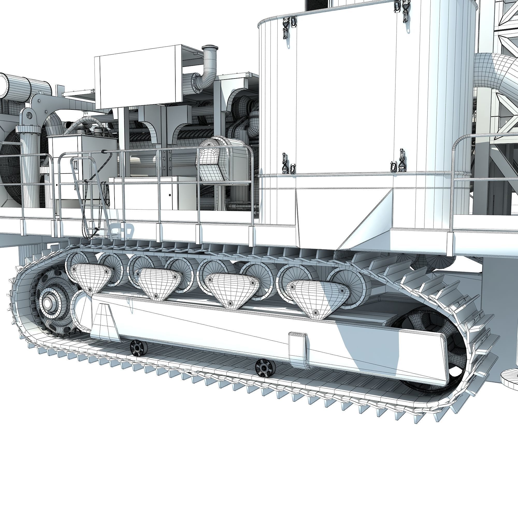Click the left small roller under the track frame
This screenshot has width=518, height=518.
[x=139, y=348]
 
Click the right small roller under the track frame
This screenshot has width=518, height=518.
[x=265, y=368]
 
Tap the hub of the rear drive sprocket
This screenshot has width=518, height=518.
[x=48, y=303]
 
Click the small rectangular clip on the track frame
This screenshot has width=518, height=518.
[x=298, y=350]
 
